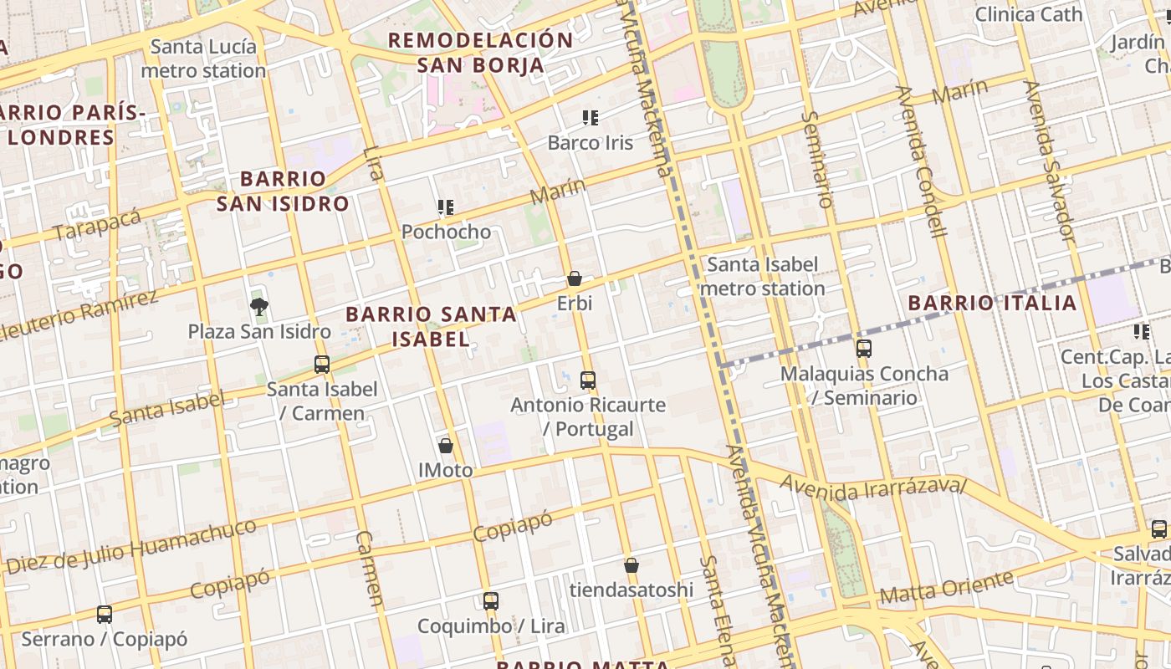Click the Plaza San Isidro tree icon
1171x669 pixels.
point(259,307)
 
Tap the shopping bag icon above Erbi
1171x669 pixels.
point(575,278)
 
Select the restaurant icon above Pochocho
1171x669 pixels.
point(446,207)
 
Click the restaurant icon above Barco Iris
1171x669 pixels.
point(591,118)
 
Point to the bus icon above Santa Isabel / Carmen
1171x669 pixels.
point(322,365)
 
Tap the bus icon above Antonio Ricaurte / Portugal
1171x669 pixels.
point(588,380)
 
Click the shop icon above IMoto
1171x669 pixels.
point(446,446)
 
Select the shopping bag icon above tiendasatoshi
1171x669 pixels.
point(632,566)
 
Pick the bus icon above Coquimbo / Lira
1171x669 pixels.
point(491,601)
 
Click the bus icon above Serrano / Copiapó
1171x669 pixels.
point(105,615)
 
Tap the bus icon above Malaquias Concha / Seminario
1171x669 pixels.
point(864,349)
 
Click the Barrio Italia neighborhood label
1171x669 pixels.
point(993,303)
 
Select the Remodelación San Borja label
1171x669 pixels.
point(480,52)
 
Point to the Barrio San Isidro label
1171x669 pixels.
point(283,191)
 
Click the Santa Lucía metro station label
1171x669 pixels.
point(203,59)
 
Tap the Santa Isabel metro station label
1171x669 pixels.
point(763,277)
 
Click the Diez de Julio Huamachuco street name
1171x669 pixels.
point(131,548)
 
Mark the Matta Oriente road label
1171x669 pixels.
point(947,588)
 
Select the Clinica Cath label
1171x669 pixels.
point(1029,14)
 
